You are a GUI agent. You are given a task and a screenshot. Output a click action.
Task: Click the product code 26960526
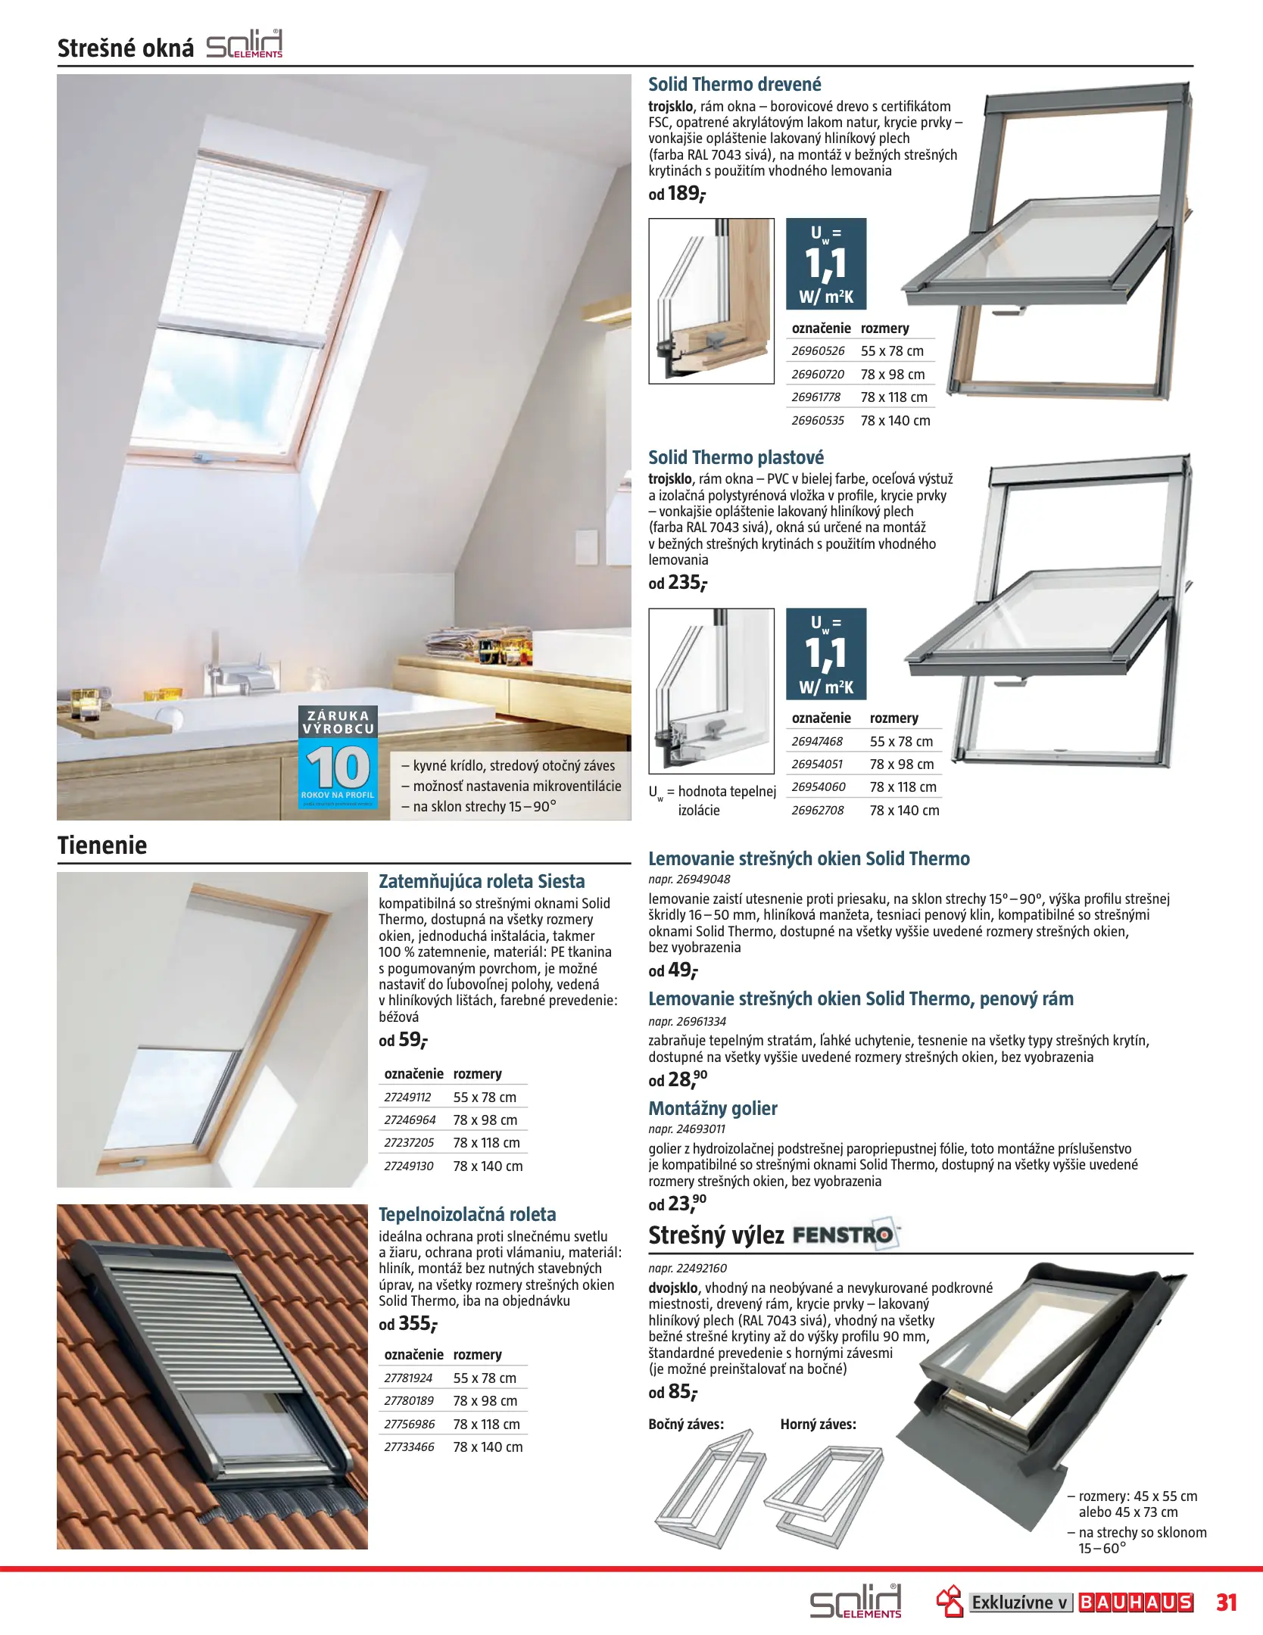pyautogui.click(x=818, y=351)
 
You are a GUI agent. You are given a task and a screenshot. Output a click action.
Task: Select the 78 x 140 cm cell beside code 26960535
pyautogui.click(x=895, y=421)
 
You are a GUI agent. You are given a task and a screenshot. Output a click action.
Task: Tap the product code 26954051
pyautogui.click(x=817, y=765)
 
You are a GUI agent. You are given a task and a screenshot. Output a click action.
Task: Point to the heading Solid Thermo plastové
pyautogui.click(x=735, y=457)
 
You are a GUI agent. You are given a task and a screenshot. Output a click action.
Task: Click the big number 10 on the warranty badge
pyautogui.click(x=338, y=768)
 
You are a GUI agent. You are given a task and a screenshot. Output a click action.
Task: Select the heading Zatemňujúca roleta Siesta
pyautogui.click(x=482, y=881)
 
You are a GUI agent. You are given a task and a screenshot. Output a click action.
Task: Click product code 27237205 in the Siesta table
pyautogui.click(x=409, y=1143)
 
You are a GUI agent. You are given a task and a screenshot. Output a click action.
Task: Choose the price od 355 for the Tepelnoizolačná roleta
pyautogui.click(x=408, y=1324)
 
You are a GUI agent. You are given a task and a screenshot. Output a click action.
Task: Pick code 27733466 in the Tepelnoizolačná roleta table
pyautogui.click(x=409, y=1447)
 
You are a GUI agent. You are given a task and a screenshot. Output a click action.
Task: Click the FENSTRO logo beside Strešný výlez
pyautogui.click(x=845, y=1235)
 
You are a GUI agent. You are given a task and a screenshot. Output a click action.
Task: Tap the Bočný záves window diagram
pyautogui.click(x=709, y=1487)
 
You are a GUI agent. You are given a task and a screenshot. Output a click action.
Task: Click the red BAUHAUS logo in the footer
pyautogui.click(x=1135, y=1602)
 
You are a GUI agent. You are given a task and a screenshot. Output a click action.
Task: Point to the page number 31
pyautogui.click(x=1227, y=1602)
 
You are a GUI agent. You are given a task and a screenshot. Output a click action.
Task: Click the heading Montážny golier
pyautogui.click(x=713, y=1108)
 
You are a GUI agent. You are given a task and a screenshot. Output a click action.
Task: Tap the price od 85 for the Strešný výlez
pyautogui.click(x=673, y=1392)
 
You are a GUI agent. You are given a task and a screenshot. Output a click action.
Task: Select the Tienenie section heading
pyautogui.click(x=102, y=845)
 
